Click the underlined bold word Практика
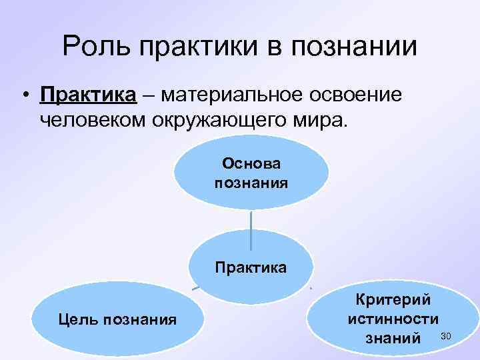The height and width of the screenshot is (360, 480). pyautogui.click(x=88, y=96)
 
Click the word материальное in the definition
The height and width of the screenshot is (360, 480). pyautogui.click(x=231, y=96)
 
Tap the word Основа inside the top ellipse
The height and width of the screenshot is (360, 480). pyautogui.click(x=251, y=163)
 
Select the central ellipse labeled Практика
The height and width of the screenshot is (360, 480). pyautogui.click(x=251, y=267)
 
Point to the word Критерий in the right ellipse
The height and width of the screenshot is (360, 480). pyautogui.click(x=393, y=300)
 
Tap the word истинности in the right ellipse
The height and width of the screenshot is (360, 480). pyautogui.click(x=393, y=319)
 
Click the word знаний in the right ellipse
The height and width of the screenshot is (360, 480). pyautogui.click(x=393, y=339)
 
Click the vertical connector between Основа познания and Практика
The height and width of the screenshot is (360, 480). pyautogui.click(x=251, y=229)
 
